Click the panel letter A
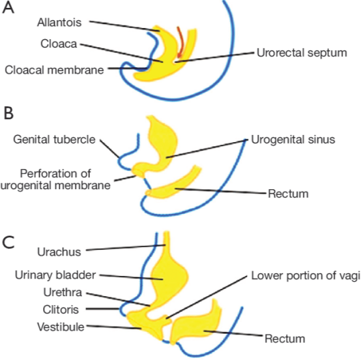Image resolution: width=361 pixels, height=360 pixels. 8,8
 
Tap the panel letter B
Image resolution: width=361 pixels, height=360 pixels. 8,113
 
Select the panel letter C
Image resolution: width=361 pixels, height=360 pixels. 8,242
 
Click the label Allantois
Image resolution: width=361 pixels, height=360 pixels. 59,23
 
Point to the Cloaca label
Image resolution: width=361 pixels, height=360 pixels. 59,44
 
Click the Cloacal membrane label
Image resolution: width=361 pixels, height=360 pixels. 54,70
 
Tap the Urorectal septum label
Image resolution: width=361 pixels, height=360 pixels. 302,53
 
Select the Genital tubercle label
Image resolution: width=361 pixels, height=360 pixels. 54,140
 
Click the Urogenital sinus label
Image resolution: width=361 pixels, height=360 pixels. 293,140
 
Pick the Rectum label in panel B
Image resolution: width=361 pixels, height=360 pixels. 288,194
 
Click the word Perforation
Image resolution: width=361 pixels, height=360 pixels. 55,173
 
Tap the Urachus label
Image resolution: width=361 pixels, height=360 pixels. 59,252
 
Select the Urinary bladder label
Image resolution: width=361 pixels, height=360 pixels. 55,275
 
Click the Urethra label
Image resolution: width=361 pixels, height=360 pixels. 63,292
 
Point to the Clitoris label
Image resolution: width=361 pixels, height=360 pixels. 61,310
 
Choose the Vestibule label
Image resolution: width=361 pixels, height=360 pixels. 61,327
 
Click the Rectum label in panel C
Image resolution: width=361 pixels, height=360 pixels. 285,338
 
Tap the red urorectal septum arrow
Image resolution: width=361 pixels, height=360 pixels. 180,42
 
